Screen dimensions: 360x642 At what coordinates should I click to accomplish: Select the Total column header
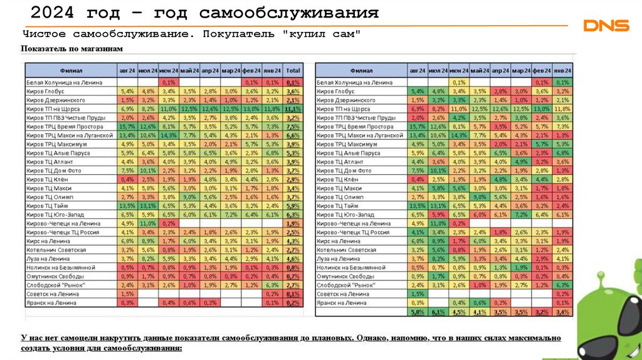[x=292, y=71]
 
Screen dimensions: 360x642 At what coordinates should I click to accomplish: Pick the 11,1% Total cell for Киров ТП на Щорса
[x=292, y=109]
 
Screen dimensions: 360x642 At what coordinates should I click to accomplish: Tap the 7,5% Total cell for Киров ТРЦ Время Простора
[x=292, y=127]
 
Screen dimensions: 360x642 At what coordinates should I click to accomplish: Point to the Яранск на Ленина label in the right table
[x=339, y=303]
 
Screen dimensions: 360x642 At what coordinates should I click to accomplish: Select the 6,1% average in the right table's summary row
[x=438, y=312]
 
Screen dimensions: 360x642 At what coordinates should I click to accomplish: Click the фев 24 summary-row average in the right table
[x=542, y=312]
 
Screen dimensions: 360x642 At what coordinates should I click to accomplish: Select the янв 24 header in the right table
[x=562, y=71]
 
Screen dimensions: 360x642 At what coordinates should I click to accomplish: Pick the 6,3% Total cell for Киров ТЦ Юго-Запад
[x=292, y=214]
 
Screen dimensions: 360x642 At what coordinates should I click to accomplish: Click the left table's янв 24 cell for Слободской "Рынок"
[x=272, y=285]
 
